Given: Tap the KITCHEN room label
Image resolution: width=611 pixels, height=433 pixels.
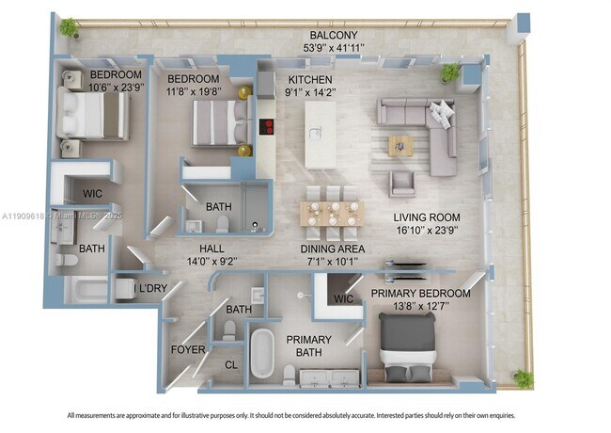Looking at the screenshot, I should click(x=310, y=79).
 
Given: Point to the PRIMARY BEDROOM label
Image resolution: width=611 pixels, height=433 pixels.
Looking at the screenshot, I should click(x=420, y=293).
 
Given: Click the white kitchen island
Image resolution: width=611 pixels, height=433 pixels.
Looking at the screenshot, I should click(x=320, y=135).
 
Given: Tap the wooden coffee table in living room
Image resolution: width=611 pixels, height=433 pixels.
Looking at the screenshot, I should click(x=401, y=144).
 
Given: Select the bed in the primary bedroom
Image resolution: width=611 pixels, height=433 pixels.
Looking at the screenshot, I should click(x=407, y=343).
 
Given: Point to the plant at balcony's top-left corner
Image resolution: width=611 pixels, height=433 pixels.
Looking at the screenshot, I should click(x=68, y=28).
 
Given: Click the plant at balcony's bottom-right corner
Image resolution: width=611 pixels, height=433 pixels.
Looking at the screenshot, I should click(x=523, y=378).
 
